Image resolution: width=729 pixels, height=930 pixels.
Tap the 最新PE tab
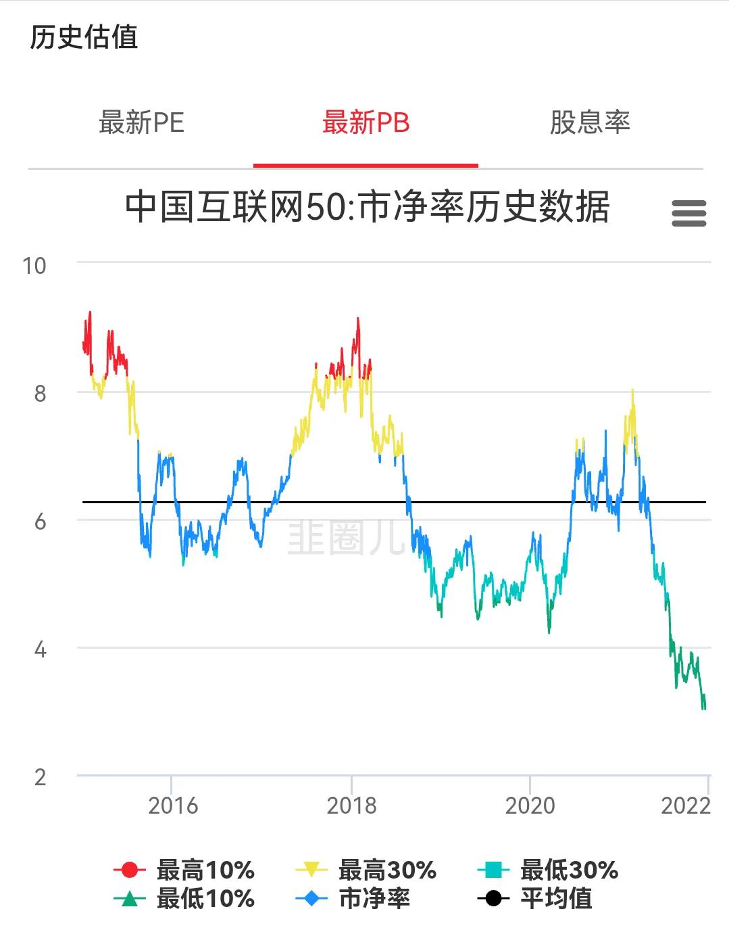[141, 122]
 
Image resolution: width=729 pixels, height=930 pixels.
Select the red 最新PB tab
[366, 122]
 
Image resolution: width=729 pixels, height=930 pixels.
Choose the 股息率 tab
[590, 122]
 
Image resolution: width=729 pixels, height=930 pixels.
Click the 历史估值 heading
[84, 37]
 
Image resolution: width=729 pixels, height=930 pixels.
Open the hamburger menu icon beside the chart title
[689, 213]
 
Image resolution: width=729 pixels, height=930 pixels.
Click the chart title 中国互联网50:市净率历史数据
[367, 207]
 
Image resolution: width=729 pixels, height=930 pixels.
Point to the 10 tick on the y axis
[34, 266]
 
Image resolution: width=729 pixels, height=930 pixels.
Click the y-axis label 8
[40, 394]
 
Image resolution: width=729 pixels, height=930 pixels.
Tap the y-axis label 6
[40, 521]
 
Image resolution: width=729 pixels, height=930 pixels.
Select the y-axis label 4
[40, 650]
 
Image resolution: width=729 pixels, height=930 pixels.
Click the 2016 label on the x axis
[173, 806]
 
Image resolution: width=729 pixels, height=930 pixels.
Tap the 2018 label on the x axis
[351, 806]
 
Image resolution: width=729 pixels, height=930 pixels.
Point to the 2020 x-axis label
[530, 806]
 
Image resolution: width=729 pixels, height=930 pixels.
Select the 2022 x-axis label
[686, 806]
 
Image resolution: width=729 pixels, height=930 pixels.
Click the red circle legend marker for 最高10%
[130, 870]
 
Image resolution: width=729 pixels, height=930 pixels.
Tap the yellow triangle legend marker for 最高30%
[311, 870]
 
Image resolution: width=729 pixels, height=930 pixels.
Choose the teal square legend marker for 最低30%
[493, 870]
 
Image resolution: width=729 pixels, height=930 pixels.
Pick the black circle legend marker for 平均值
[493, 898]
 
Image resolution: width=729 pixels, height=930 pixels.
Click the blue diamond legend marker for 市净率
[311, 898]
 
